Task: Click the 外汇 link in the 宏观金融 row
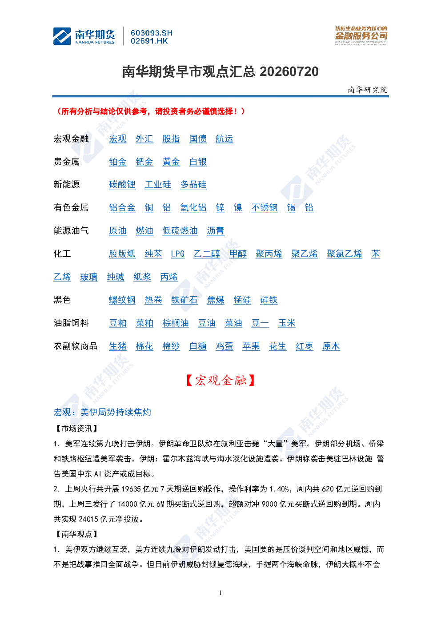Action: coord(144,139)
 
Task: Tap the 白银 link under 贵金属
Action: coord(198,162)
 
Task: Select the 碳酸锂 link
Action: coord(122,185)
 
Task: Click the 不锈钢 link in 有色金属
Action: coord(264,208)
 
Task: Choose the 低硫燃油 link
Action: coord(180,231)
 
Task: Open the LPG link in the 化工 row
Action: coord(178,254)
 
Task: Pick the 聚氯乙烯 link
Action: coord(344,254)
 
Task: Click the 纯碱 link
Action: coord(115,277)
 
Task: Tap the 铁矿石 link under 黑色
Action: coord(184,300)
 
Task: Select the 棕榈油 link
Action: coord(176,323)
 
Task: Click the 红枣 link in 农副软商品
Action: coord(305,346)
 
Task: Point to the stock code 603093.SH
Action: coord(152,33)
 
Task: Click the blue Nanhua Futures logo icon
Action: coord(62,36)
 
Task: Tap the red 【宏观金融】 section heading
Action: coord(220,380)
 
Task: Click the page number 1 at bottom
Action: coord(220,593)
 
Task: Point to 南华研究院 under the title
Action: coord(367,90)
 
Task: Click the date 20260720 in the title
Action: coord(289,72)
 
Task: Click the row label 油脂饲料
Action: coord(71,323)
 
